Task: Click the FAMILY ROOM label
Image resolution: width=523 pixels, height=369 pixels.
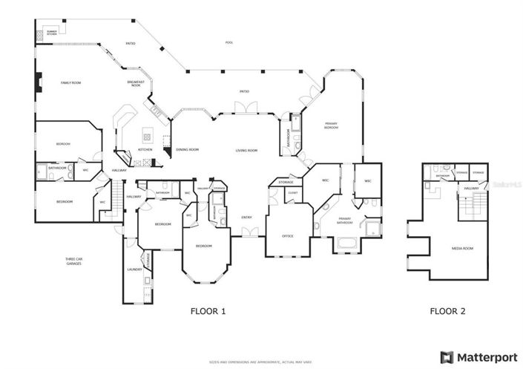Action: [70, 82]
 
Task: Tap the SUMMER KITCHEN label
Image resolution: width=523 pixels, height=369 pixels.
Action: [51, 33]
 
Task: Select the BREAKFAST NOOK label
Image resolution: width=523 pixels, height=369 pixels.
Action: [135, 83]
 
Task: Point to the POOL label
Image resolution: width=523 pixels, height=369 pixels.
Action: [230, 42]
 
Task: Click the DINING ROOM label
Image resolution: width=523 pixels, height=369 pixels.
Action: [188, 150]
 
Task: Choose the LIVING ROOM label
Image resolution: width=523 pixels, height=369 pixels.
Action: [246, 151]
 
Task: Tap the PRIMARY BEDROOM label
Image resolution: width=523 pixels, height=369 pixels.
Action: [331, 126]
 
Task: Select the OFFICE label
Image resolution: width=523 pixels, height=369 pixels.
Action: [288, 236]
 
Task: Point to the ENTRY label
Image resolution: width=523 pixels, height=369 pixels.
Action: [246, 218]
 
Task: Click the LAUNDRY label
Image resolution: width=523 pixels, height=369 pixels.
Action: [134, 270]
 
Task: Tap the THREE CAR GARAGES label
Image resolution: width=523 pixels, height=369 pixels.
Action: [73, 261]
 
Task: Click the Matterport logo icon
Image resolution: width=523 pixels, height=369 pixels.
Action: [447, 356]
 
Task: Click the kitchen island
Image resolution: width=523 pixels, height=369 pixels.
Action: [147, 136]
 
